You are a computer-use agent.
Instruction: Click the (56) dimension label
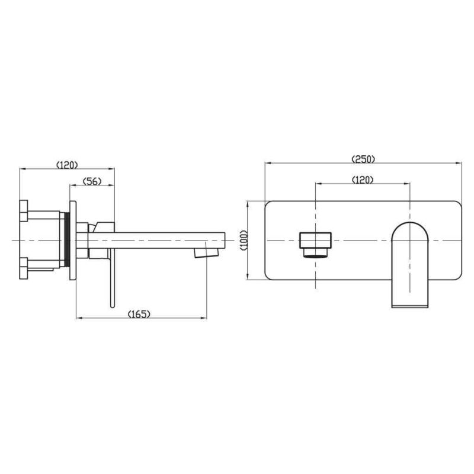92,181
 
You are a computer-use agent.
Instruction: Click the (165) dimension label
139,314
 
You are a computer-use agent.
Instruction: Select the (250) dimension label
363,159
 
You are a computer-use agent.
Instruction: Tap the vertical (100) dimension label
244,241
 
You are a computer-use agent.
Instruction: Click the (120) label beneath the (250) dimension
363,180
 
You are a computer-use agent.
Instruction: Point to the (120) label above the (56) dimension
67,165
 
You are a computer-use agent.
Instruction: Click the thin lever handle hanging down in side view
112,278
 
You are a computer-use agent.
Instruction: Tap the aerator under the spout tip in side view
206,254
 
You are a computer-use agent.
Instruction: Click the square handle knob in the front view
315,241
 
